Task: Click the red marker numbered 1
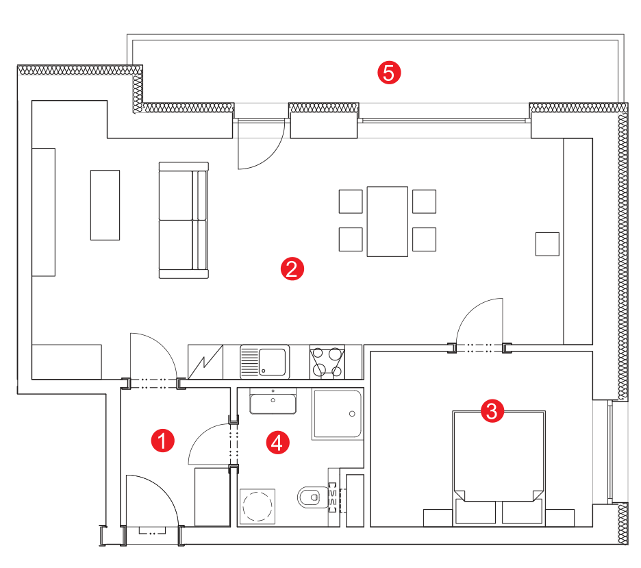163,441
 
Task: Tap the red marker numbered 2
292,269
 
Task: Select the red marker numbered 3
492,410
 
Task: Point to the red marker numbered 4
277,443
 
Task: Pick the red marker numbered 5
389,73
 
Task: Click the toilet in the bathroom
314,497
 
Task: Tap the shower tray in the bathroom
337,414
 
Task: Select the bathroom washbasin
273,402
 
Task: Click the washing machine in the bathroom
257,506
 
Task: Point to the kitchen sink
264,362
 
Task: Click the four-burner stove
327,362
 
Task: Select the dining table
387,221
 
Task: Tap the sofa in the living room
184,221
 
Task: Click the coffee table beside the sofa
105,205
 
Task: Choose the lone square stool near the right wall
547,244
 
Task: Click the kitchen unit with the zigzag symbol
205,362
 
